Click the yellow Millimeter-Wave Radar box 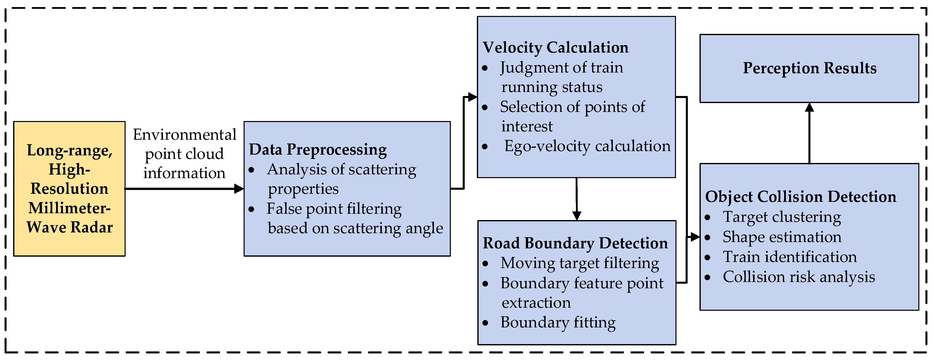69,188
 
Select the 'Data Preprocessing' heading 318,149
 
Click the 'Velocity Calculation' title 555,47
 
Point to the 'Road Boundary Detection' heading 575,243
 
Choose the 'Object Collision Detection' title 801,197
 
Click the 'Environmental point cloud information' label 184,154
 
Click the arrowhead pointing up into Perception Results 809,107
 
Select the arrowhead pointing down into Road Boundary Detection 576,216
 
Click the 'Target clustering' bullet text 782,217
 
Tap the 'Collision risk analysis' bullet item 799,277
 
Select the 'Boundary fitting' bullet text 558,322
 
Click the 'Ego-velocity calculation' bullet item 587,146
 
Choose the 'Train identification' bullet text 790,257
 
